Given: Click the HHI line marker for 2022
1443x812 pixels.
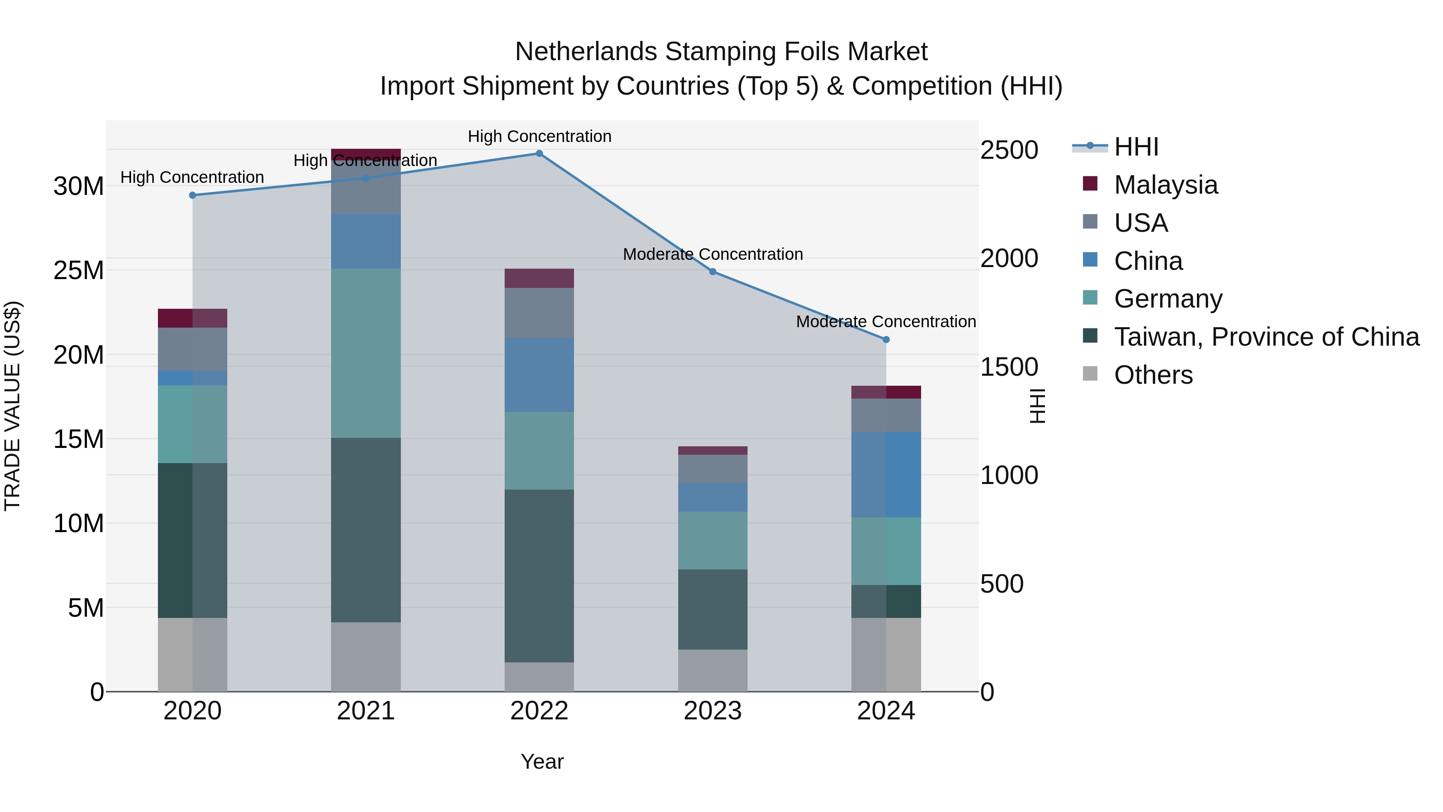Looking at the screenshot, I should (539, 154).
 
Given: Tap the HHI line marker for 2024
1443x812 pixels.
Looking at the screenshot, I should (885, 340).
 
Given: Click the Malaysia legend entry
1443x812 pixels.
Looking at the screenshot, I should (1165, 185).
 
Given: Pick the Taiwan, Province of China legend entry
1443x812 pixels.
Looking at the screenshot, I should (1266, 337).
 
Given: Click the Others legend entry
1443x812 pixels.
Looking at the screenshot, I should (1153, 375).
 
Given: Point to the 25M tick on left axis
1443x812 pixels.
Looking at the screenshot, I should (79, 271).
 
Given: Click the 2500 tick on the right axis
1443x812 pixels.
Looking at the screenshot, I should (1009, 150).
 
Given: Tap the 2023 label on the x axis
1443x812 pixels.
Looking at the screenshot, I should (713, 711).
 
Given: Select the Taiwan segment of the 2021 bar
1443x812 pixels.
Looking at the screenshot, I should (366, 530).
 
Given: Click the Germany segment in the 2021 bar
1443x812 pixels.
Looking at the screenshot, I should (366, 353).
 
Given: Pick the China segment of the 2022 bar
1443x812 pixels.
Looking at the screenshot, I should (539, 375).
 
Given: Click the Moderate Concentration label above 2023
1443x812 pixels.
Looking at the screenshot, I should (713, 254).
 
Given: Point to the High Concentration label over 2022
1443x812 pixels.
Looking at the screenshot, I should (539, 137).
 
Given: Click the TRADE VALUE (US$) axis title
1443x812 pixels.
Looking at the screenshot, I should (12, 406).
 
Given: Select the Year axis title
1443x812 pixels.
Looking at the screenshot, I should (542, 761).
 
